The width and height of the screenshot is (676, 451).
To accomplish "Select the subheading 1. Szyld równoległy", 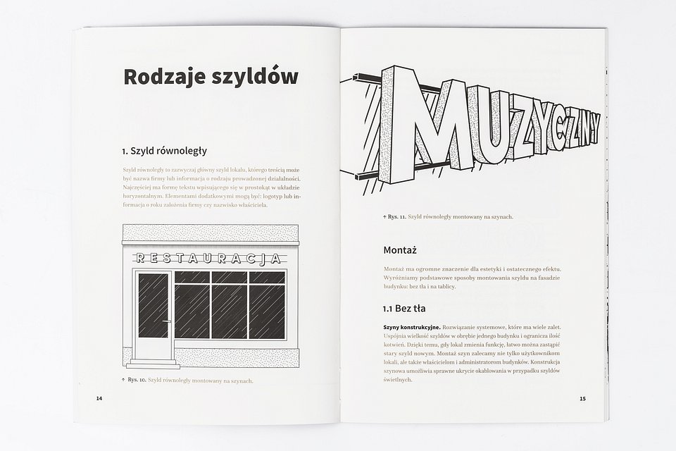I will click(164, 151).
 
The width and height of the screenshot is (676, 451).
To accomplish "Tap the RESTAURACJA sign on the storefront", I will click(208, 258).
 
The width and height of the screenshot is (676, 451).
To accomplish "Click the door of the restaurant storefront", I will click(153, 314).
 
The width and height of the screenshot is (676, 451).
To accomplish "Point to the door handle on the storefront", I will click(166, 321).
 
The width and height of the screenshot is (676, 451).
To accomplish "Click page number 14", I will click(99, 399).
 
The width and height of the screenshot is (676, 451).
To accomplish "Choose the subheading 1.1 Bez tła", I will click(403, 309).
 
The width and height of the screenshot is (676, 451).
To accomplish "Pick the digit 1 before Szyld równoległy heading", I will click(124, 151).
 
